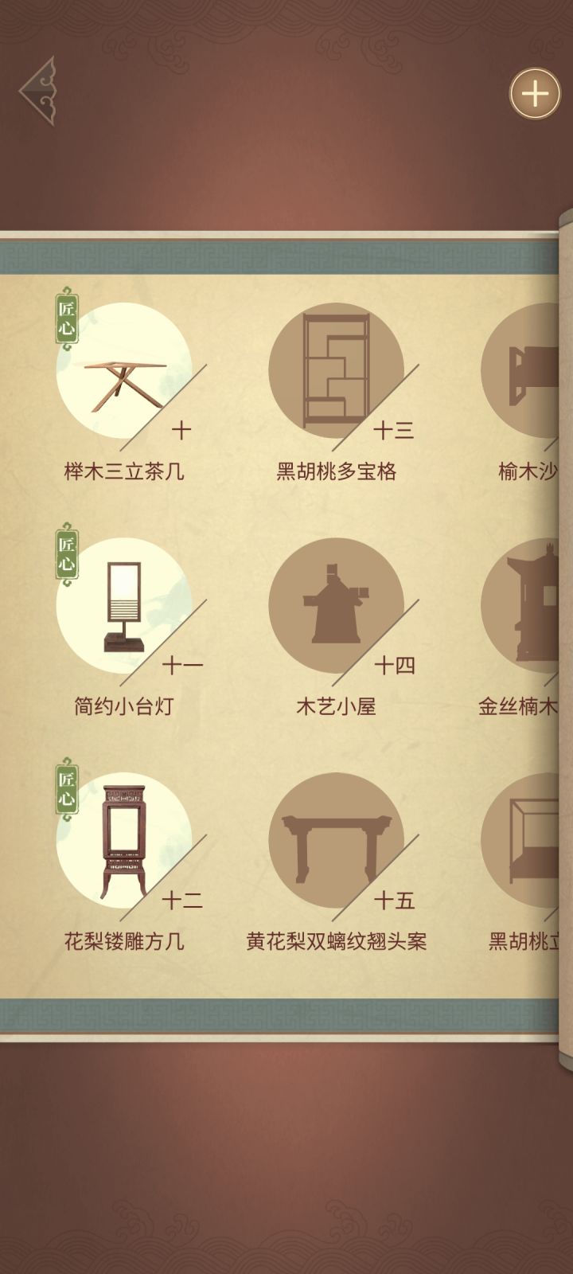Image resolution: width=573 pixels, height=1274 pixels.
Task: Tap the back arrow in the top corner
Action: [x=38, y=91]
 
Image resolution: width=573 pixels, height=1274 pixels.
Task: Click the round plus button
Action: [x=535, y=95]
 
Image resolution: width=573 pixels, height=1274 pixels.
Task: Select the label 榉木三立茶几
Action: [x=124, y=471]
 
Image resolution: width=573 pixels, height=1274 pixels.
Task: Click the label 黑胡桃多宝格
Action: [x=336, y=471]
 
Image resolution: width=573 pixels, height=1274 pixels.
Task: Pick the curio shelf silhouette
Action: [x=336, y=369]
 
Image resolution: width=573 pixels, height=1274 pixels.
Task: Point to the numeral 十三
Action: [x=394, y=431]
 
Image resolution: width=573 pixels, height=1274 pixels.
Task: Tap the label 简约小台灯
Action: [x=124, y=706]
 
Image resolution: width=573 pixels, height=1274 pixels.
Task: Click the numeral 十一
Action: [x=182, y=665]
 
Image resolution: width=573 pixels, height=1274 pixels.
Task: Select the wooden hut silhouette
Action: [x=336, y=604]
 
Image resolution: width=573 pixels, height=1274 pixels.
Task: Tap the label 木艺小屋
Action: [x=336, y=706]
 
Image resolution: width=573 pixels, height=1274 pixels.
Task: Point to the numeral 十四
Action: [x=395, y=665]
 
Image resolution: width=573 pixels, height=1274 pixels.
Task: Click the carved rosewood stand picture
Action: [x=124, y=841]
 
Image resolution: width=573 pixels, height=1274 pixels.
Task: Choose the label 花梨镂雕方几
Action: [x=124, y=941]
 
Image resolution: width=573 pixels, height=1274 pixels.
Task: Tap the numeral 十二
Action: [x=182, y=901]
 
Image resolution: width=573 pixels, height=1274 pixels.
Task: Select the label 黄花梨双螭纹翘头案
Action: [x=336, y=941]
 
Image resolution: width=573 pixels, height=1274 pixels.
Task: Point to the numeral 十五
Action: [x=395, y=901]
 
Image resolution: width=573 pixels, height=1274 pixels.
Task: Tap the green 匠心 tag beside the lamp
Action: [x=67, y=554]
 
